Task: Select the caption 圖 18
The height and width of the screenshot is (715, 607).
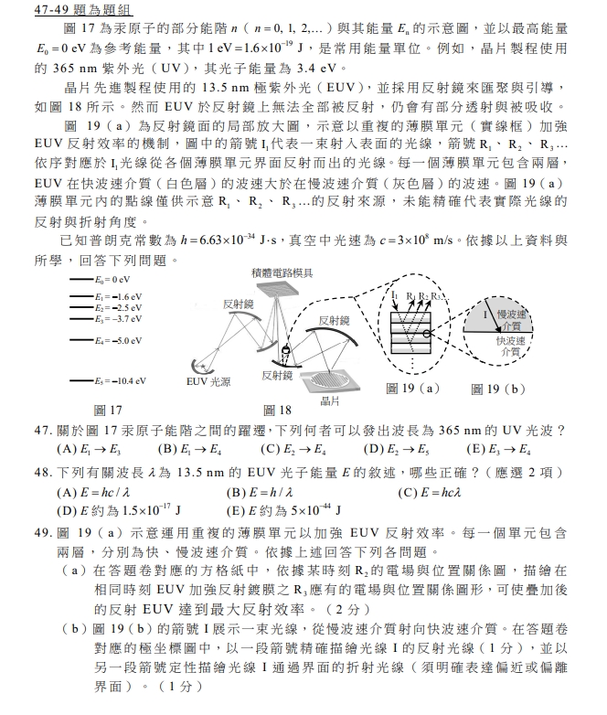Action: coord(277,409)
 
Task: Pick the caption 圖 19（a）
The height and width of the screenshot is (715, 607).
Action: coord(412,390)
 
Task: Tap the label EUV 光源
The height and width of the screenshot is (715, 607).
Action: coord(208,380)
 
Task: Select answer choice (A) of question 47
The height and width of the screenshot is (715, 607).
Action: coord(89,449)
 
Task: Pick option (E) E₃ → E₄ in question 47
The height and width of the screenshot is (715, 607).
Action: coord(499,449)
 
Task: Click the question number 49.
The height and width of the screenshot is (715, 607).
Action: coord(42,531)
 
